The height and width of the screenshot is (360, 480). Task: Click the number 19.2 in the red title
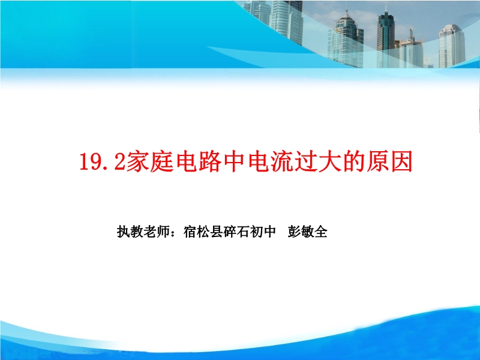(x=102, y=161)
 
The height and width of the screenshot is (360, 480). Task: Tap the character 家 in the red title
(x=137, y=161)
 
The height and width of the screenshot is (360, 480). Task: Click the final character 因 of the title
(x=400, y=161)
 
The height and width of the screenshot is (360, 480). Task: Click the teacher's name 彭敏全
(x=308, y=232)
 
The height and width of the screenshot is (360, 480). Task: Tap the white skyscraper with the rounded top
(x=452, y=47)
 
